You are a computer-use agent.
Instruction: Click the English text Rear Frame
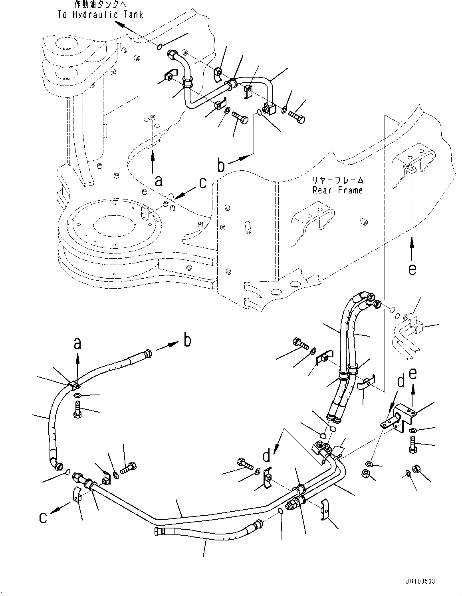337,190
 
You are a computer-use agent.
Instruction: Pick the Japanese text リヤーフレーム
338,180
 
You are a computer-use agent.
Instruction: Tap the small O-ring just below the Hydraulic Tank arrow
159,47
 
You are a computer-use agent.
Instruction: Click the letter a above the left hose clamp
77,343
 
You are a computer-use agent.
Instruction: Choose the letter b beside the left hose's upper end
186,341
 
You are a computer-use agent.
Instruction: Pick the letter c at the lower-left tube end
43,517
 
